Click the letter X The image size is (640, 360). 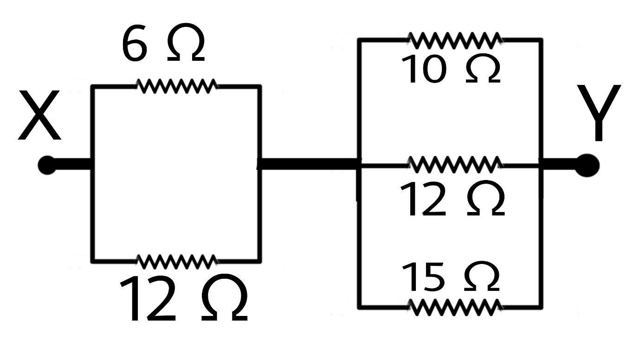click(x=39, y=116)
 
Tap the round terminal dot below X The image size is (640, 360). click(x=47, y=165)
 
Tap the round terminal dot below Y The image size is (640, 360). click(x=587, y=165)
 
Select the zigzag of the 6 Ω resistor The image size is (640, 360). click(x=177, y=86)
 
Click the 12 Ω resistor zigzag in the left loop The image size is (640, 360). click(x=177, y=262)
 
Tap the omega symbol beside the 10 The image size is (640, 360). click(x=483, y=70)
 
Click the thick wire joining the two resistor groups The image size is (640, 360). click(x=309, y=164)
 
